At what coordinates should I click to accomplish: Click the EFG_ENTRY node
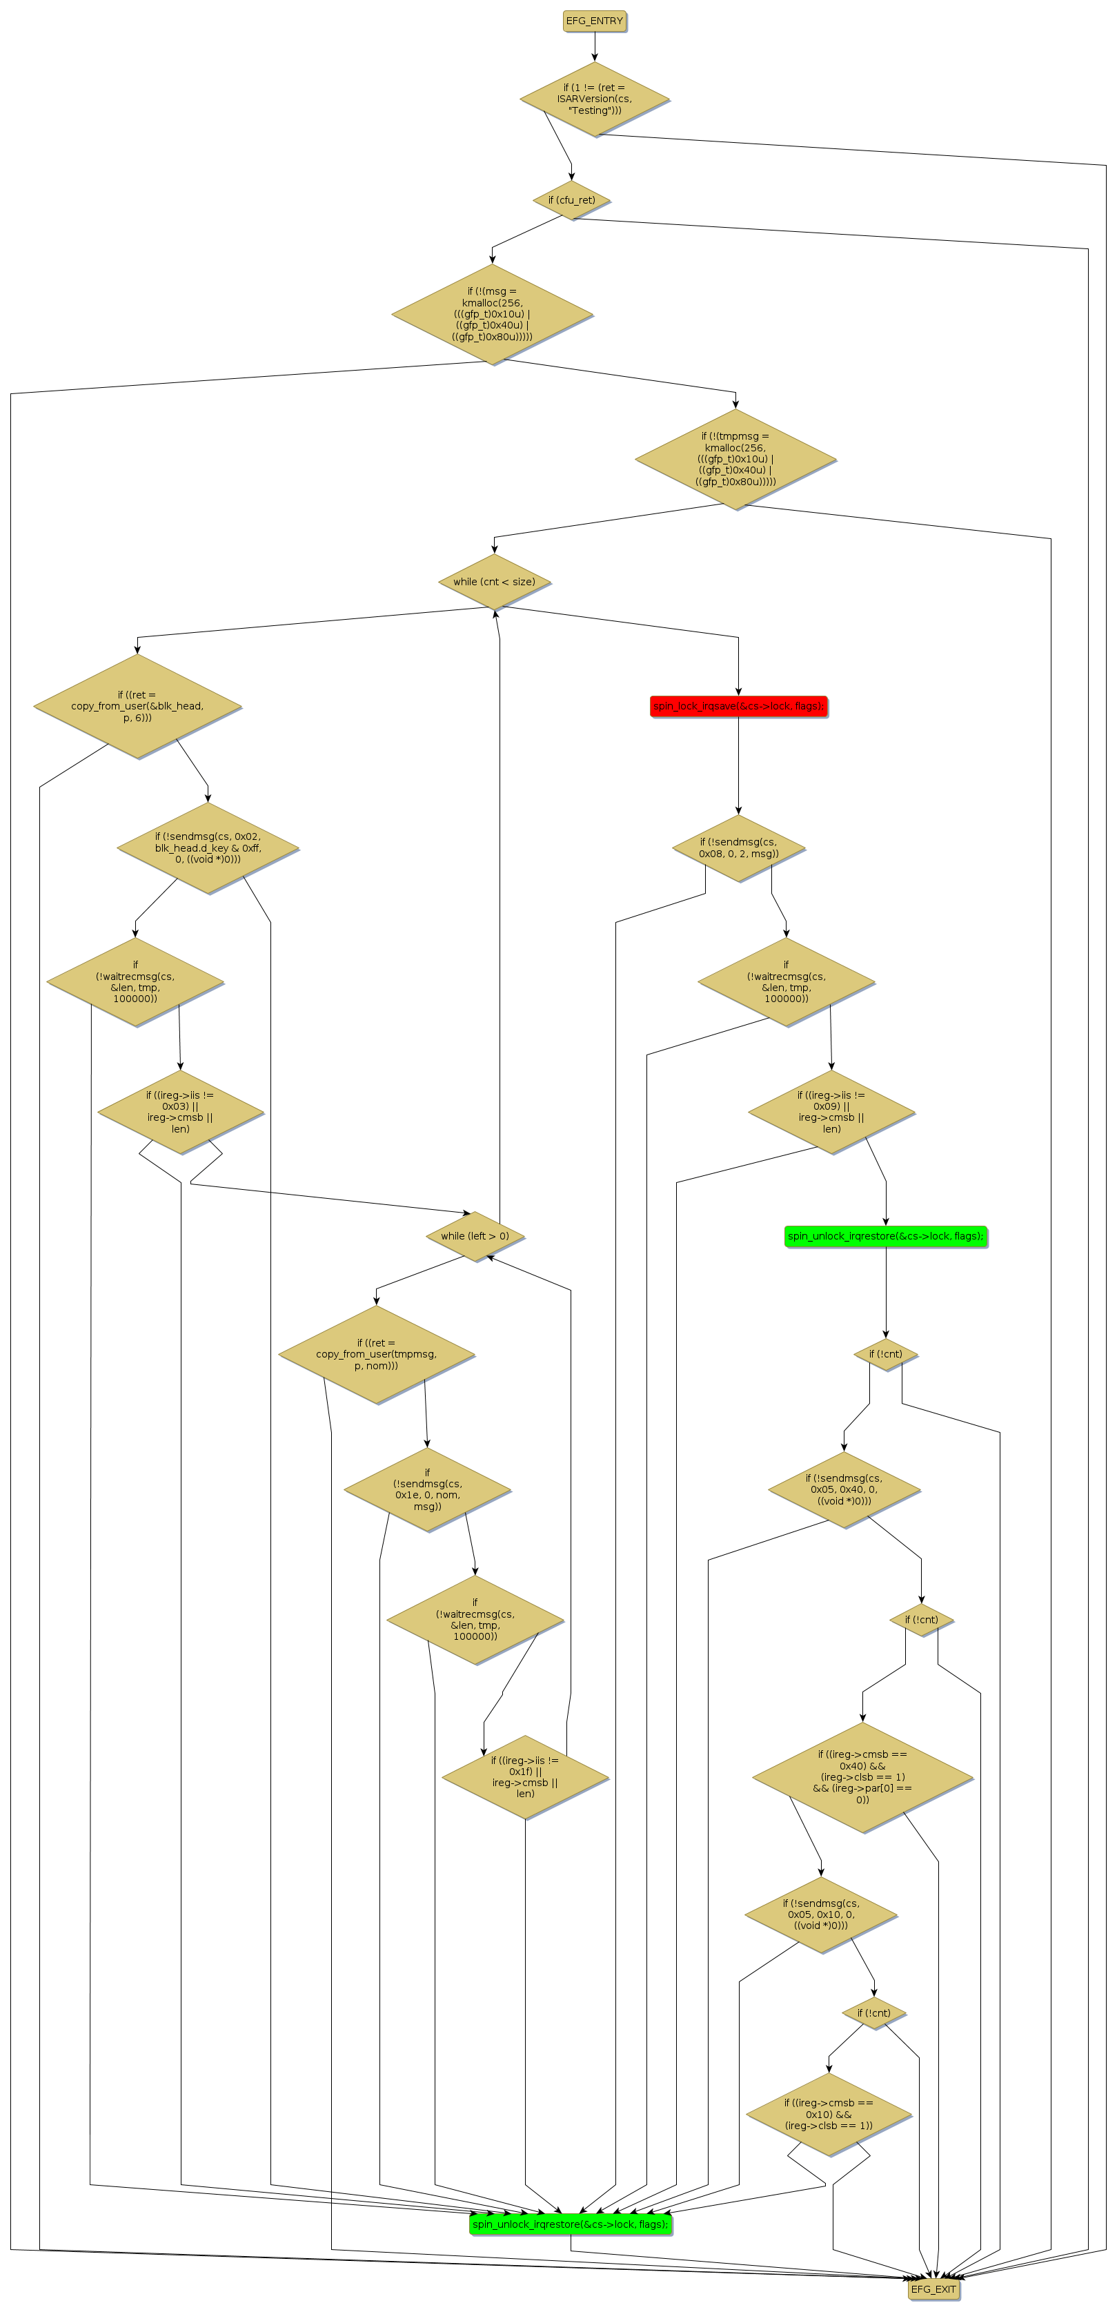point(594,21)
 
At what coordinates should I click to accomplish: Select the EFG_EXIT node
point(933,2289)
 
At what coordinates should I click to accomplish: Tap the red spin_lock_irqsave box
point(738,706)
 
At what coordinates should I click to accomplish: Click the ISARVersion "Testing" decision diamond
point(594,99)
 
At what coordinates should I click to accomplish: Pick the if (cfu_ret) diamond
point(571,200)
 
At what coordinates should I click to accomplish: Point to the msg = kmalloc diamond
point(492,314)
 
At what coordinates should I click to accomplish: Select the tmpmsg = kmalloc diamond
point(735,459)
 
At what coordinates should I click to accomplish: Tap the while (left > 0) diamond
point(475,1236)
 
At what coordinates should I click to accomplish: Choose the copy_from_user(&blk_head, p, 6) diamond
point(137,706)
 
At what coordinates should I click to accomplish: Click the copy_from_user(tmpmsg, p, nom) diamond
point(376,1354)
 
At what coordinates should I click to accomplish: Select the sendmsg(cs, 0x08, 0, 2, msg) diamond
point(738,848)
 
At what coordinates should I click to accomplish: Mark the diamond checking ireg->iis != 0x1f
point(525,1776)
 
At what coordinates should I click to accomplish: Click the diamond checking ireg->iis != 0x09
point(831,1112)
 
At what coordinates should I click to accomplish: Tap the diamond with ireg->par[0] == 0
point(862,1776)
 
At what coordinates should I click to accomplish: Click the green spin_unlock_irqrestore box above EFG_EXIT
point(571,2224)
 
